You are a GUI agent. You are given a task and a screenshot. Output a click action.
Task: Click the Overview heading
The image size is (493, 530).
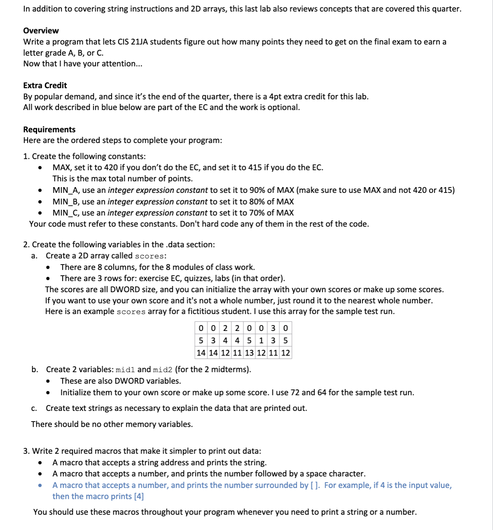(x=41, y=30)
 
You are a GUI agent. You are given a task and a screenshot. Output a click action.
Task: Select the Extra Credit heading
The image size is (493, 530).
(x=45, y=85)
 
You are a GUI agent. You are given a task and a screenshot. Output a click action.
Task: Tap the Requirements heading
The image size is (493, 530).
(x=49, y=129)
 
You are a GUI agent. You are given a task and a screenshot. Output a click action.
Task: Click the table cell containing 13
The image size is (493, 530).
(x=249, y=353)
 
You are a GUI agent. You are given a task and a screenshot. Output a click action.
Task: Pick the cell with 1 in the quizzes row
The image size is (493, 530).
(x=261, y=340)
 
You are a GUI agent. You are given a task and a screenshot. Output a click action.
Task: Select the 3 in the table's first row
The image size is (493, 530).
(x=273, y=328)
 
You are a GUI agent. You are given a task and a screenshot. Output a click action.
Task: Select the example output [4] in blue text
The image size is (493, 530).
(x=139, y=496)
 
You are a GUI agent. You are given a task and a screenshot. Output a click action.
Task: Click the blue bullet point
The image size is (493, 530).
(x=40, y=485)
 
